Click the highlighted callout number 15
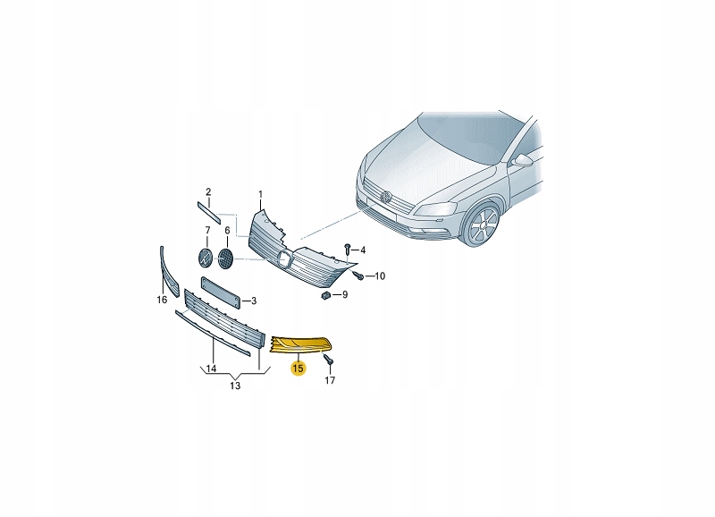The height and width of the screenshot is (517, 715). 298,368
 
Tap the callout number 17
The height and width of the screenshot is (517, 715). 330,380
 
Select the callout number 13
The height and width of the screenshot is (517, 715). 235,386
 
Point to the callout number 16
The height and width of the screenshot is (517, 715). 162,300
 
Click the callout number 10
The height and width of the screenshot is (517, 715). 380,276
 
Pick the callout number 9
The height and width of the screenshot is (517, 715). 345,295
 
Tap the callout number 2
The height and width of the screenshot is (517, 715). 208,192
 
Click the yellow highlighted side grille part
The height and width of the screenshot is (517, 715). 302,344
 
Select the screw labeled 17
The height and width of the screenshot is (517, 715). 328,359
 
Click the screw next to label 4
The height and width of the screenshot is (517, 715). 348,250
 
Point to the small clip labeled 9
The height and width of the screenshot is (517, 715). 326,296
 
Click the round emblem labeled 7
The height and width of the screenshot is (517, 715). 206,258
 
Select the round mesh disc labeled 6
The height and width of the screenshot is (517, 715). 226,258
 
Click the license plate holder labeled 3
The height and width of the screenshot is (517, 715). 221,293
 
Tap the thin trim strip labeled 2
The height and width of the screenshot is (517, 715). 208,212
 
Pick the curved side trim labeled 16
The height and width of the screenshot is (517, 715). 169,273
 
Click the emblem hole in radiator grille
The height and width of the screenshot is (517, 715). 286,258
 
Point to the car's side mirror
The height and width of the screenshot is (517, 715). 522,160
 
